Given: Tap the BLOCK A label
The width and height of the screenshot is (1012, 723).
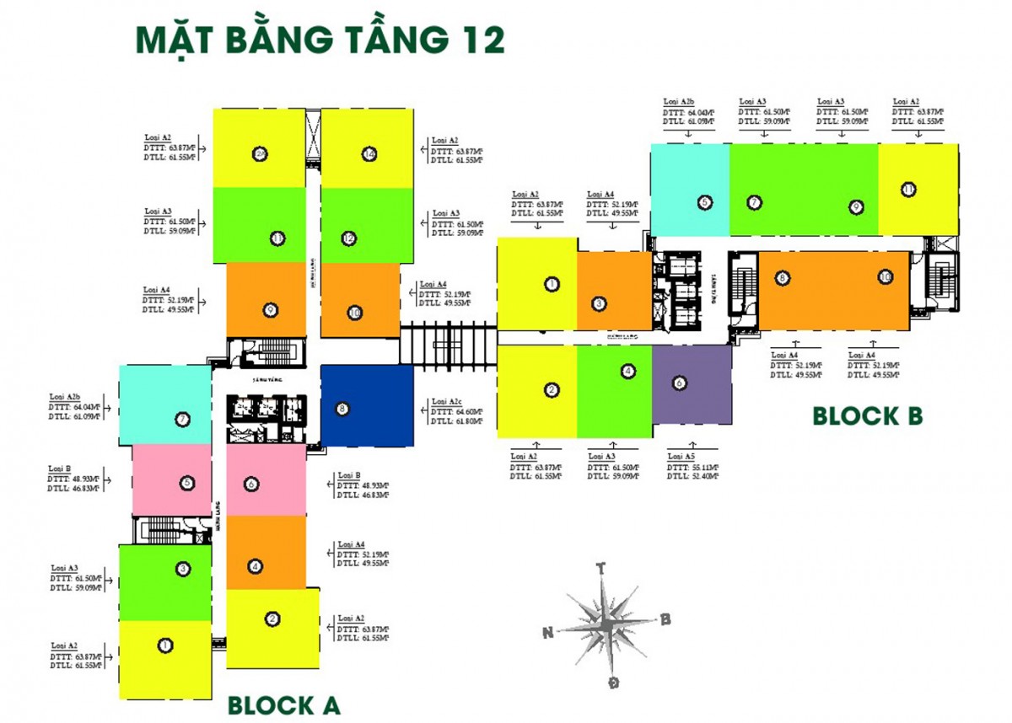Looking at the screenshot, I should click(x=284, y=704).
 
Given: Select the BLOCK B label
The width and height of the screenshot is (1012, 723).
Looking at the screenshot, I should click(x=868, y=415).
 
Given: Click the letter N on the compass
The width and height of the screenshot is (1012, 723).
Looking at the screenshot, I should click(x=548, y=632).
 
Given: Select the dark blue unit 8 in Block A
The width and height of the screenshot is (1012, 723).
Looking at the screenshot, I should click(x=366, y=406).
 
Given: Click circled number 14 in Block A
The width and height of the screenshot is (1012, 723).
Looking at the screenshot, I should click(x=369, y=153).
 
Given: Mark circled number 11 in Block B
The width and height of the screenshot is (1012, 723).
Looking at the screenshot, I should click(x=907, y=190).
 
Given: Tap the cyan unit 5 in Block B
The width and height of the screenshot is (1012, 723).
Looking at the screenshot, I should click(x=689, y=190).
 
